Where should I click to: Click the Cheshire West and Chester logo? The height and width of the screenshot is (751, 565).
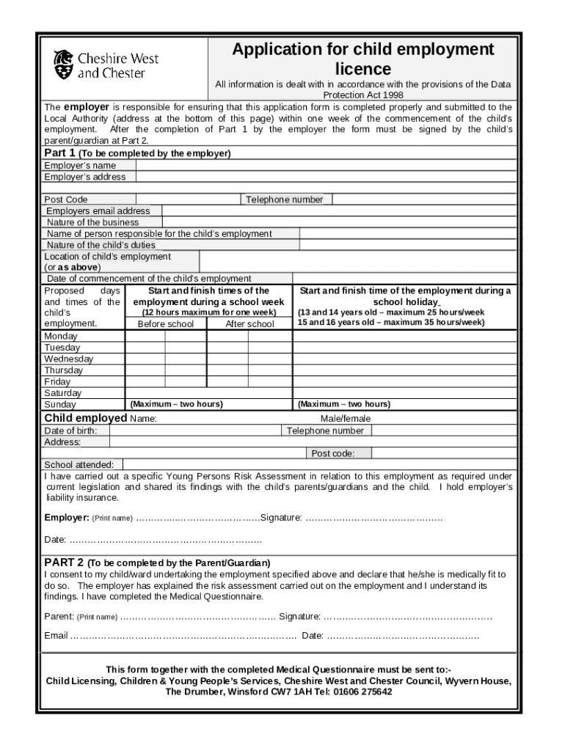pyautogui.click(x=106, y=65)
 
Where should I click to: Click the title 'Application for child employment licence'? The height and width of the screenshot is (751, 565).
pyautogui.click(x=363, y=59)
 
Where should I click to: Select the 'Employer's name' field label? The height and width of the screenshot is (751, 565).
pyautogui.click(x=80, y=166)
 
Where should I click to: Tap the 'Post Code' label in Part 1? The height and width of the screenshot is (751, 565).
pyautogui.click(x=66, y=199)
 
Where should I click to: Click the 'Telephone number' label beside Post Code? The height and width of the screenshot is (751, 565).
pyautogui.click(x=284, y=199)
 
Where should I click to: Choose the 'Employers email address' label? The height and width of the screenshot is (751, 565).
pyautogui.click(x=98, y=211)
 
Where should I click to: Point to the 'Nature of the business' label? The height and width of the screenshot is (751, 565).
pyautogui.click(x=92, y=222)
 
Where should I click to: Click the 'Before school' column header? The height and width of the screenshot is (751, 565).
pyautogui.click(x=166, y=324)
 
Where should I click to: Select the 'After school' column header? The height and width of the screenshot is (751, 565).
pyautogui.click(x=249, y=324)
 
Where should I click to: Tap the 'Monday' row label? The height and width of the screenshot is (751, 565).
pyautogui.click(x=62, y=336)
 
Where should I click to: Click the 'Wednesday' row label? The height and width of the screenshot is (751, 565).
pyautogui.click(x=69, y=359)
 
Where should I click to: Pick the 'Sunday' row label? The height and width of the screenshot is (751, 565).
pyautogui.click(x=60, y=405)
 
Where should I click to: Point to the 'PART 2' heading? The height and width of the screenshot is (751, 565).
pyautogui.click(x=63, y=562)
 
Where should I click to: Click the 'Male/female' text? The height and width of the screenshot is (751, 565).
pyautogui.click(x=346, y=419)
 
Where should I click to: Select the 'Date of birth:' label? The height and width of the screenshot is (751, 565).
pyautogui.click(x=71, y=431)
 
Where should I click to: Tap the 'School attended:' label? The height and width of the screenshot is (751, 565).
pyautogui.click(x=79, y=465)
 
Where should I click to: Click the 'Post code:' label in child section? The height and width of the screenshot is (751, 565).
pyautogui.click(x=333, y=454)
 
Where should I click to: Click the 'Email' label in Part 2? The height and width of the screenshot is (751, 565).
pyautogui.click(x=56, y=636)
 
